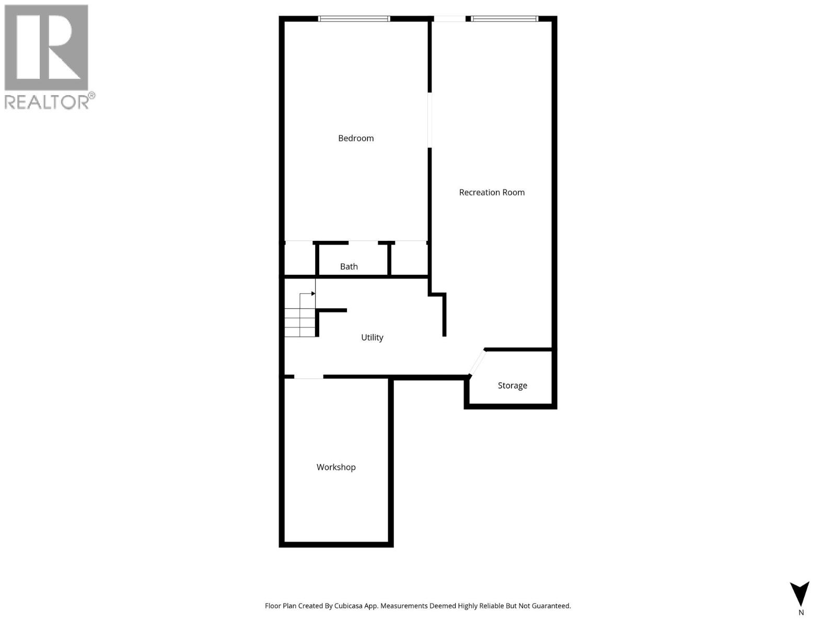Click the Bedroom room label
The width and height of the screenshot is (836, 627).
point(356,138)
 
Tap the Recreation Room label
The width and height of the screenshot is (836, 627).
point(492,192)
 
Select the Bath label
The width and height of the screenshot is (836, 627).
point(349,266)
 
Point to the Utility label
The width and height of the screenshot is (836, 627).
point(372,338)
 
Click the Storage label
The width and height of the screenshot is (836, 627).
point(512,386)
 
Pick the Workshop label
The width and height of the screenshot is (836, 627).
point(336,467)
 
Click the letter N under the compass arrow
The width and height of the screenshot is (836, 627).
point(801,613)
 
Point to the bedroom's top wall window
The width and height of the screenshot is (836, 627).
point(354,19)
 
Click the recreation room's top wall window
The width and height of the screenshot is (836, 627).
point(504,19)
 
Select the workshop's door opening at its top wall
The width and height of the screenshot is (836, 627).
point(308,376)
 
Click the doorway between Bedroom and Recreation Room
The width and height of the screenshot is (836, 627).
point(429,120)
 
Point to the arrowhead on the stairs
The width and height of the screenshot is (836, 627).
point(313,294)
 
